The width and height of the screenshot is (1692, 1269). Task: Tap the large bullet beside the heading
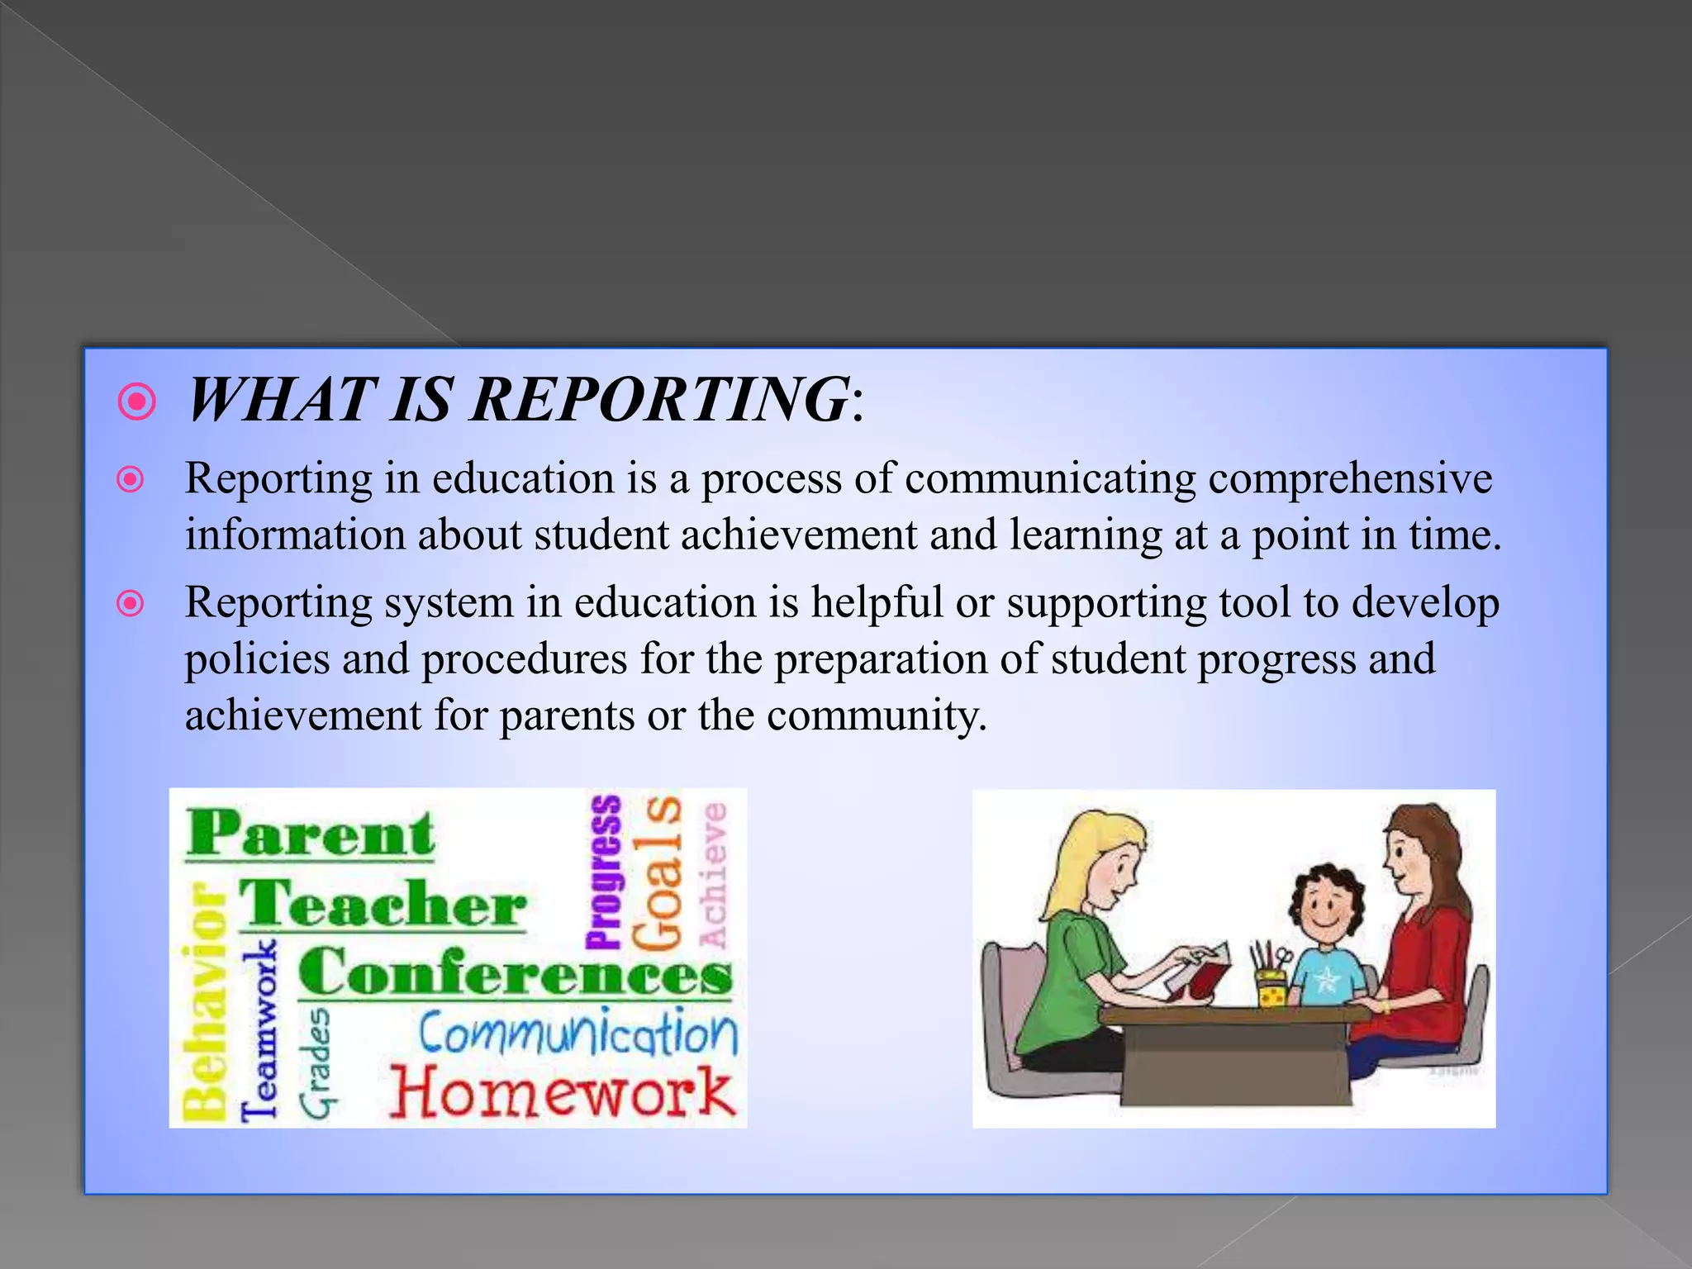pos(137,402)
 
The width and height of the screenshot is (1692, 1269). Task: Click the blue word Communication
pos(577,1034)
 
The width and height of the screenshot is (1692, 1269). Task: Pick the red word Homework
pos(562,1092)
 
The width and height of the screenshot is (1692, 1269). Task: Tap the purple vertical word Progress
pos(604,872)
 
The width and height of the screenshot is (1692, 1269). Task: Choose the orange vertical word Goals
pos(658,872)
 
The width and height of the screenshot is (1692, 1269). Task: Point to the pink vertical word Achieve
pos(713,875)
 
